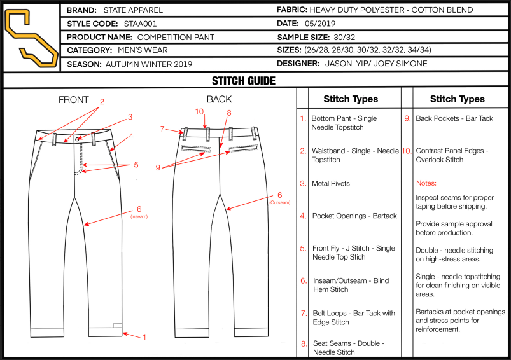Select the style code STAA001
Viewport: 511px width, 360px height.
click(x=140, y=24)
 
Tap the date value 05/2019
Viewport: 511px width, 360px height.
click(x=320, y=24)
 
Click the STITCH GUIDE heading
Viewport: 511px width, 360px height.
click(x=244, y=81)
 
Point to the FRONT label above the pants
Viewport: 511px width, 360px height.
click(x=74, y=100)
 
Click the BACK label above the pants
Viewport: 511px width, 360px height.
click(x=220, y=99)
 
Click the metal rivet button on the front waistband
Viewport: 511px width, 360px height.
click(x=77, y=139)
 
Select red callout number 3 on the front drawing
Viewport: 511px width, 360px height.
click(x=130, y=116)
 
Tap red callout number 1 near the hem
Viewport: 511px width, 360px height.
click(x=144, y=337)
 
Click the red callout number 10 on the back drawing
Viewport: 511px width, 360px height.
click(x=199, y=112)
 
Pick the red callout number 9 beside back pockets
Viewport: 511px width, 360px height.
click(x=158, y=167)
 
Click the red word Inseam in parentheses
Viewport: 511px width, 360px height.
click(x=139, y=217)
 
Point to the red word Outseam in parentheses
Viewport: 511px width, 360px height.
click(x=279, y=203)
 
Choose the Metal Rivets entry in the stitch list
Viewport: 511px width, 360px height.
click(x=331, y=183)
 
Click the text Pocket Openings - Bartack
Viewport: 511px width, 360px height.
click(x=354, y=216)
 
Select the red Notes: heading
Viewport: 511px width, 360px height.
click(x=426, y=183)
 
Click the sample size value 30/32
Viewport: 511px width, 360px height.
click(x=344, y=37)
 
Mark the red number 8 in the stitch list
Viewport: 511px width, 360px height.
click(x=304, y=343)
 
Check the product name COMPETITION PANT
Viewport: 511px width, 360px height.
click(x=176, y=37)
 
